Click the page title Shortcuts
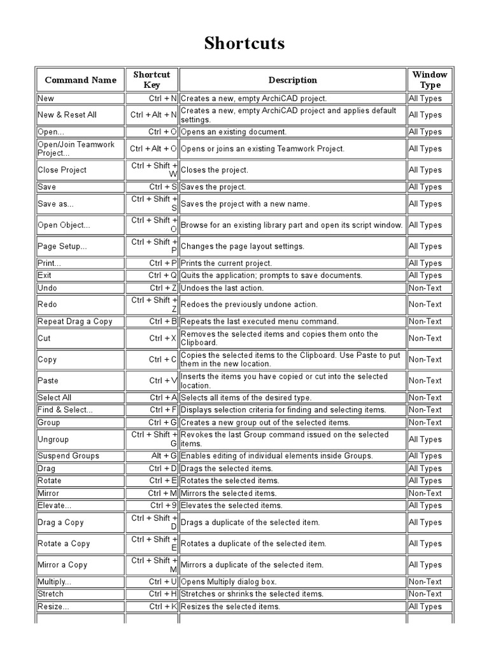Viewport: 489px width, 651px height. [244, 43]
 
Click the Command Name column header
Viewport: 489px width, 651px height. [80, 80]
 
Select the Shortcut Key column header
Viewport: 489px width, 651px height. [152, 79]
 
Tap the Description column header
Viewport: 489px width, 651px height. [292, 80]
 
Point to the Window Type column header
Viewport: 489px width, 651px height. [430, 79]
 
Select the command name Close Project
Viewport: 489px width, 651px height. [62, 170]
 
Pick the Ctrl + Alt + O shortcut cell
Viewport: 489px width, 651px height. [153, 149]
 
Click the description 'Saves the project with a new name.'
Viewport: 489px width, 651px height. [245, 204]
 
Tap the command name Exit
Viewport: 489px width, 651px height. [45, 275]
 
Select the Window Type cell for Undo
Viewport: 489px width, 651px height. [425, 288]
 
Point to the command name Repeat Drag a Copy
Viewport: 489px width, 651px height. [74, 322]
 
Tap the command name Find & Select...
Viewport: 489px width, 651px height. [65, 410]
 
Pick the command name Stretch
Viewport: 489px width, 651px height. [50, 594]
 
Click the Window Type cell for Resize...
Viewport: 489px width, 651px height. [425, 606]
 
